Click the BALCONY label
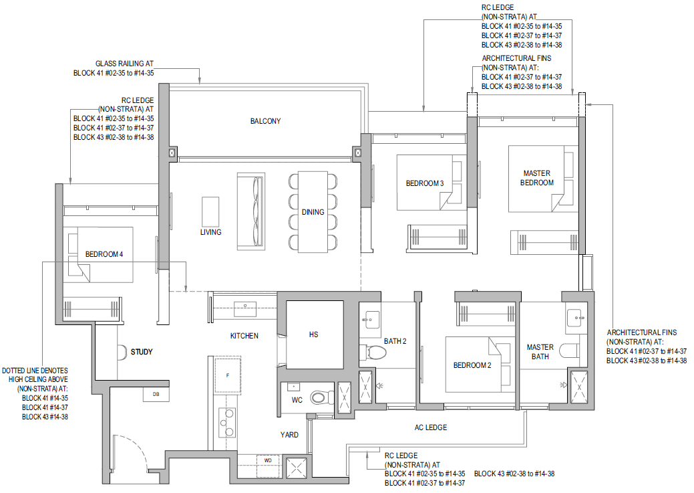click(x=265, y=121)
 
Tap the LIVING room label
click(x=210, y=232)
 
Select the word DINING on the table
click(x=313, y=212)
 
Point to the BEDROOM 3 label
click(x=424, y=183)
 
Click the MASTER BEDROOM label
click(x=537, y=178)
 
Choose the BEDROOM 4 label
click(x=104, y=254)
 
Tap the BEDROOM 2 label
click(x=472, y=365)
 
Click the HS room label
click(x=313, y=334)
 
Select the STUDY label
click(x=142, y=352)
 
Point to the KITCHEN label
click(x=244, y=336)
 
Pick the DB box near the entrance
click(x=156, y=394)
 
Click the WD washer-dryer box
click(x=268, y=461)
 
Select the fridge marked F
click(x=228, y=375)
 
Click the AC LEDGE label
click(x=431, y=427)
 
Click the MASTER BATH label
click(x=540, y=352)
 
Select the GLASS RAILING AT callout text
click(x=124, y=64)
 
